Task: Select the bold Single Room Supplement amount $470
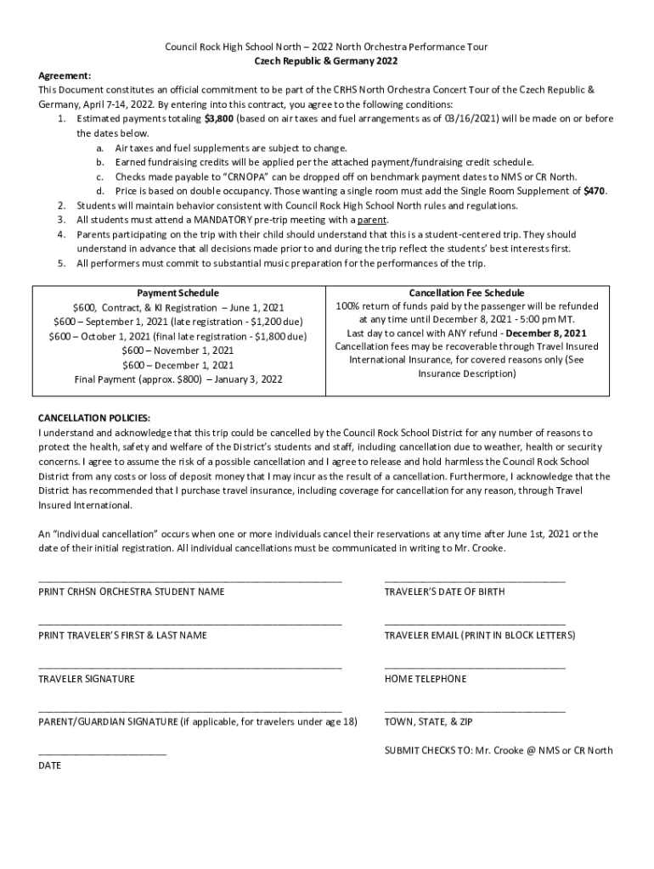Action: (x=595, y=191)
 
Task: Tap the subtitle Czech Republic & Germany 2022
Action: (x=326, y=61)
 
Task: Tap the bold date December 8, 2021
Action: (x=545, y=334)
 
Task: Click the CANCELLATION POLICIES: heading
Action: (x=94, y=418)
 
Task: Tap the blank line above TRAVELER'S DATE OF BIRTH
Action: (x=474, y=580)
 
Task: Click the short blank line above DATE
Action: (x=102, y=754)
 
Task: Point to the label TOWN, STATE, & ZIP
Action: (x=428, y=722)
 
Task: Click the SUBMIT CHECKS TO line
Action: (x=498, y=750)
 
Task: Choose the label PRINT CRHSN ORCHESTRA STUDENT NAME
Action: (x=132, y=591)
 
